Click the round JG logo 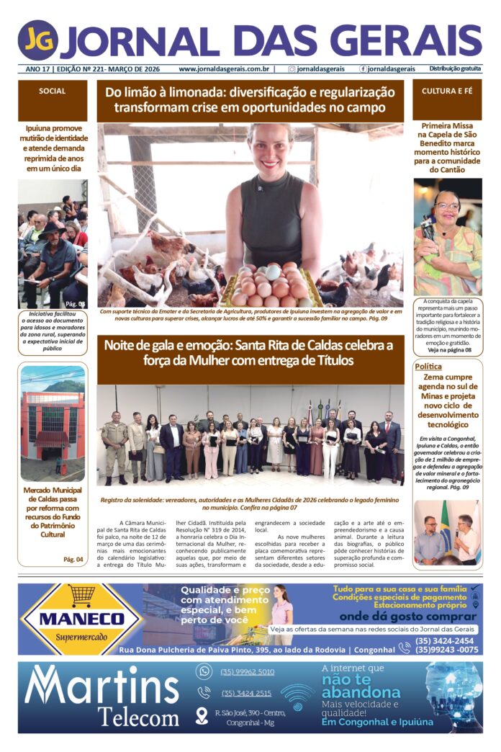tap(37, 40)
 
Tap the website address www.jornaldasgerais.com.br tap(224, 69)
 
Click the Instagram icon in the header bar tap(292, 69)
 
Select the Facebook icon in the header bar tap(364, 69)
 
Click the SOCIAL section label tap(53, 91)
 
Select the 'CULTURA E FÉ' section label tap(447, 91)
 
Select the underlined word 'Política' tap(428, 367)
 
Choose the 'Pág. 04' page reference tap(73, 559)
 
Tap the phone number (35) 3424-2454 tap(444, 641)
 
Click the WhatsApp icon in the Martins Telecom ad tap(204, 671)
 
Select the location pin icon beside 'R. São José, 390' tap(202, 716)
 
